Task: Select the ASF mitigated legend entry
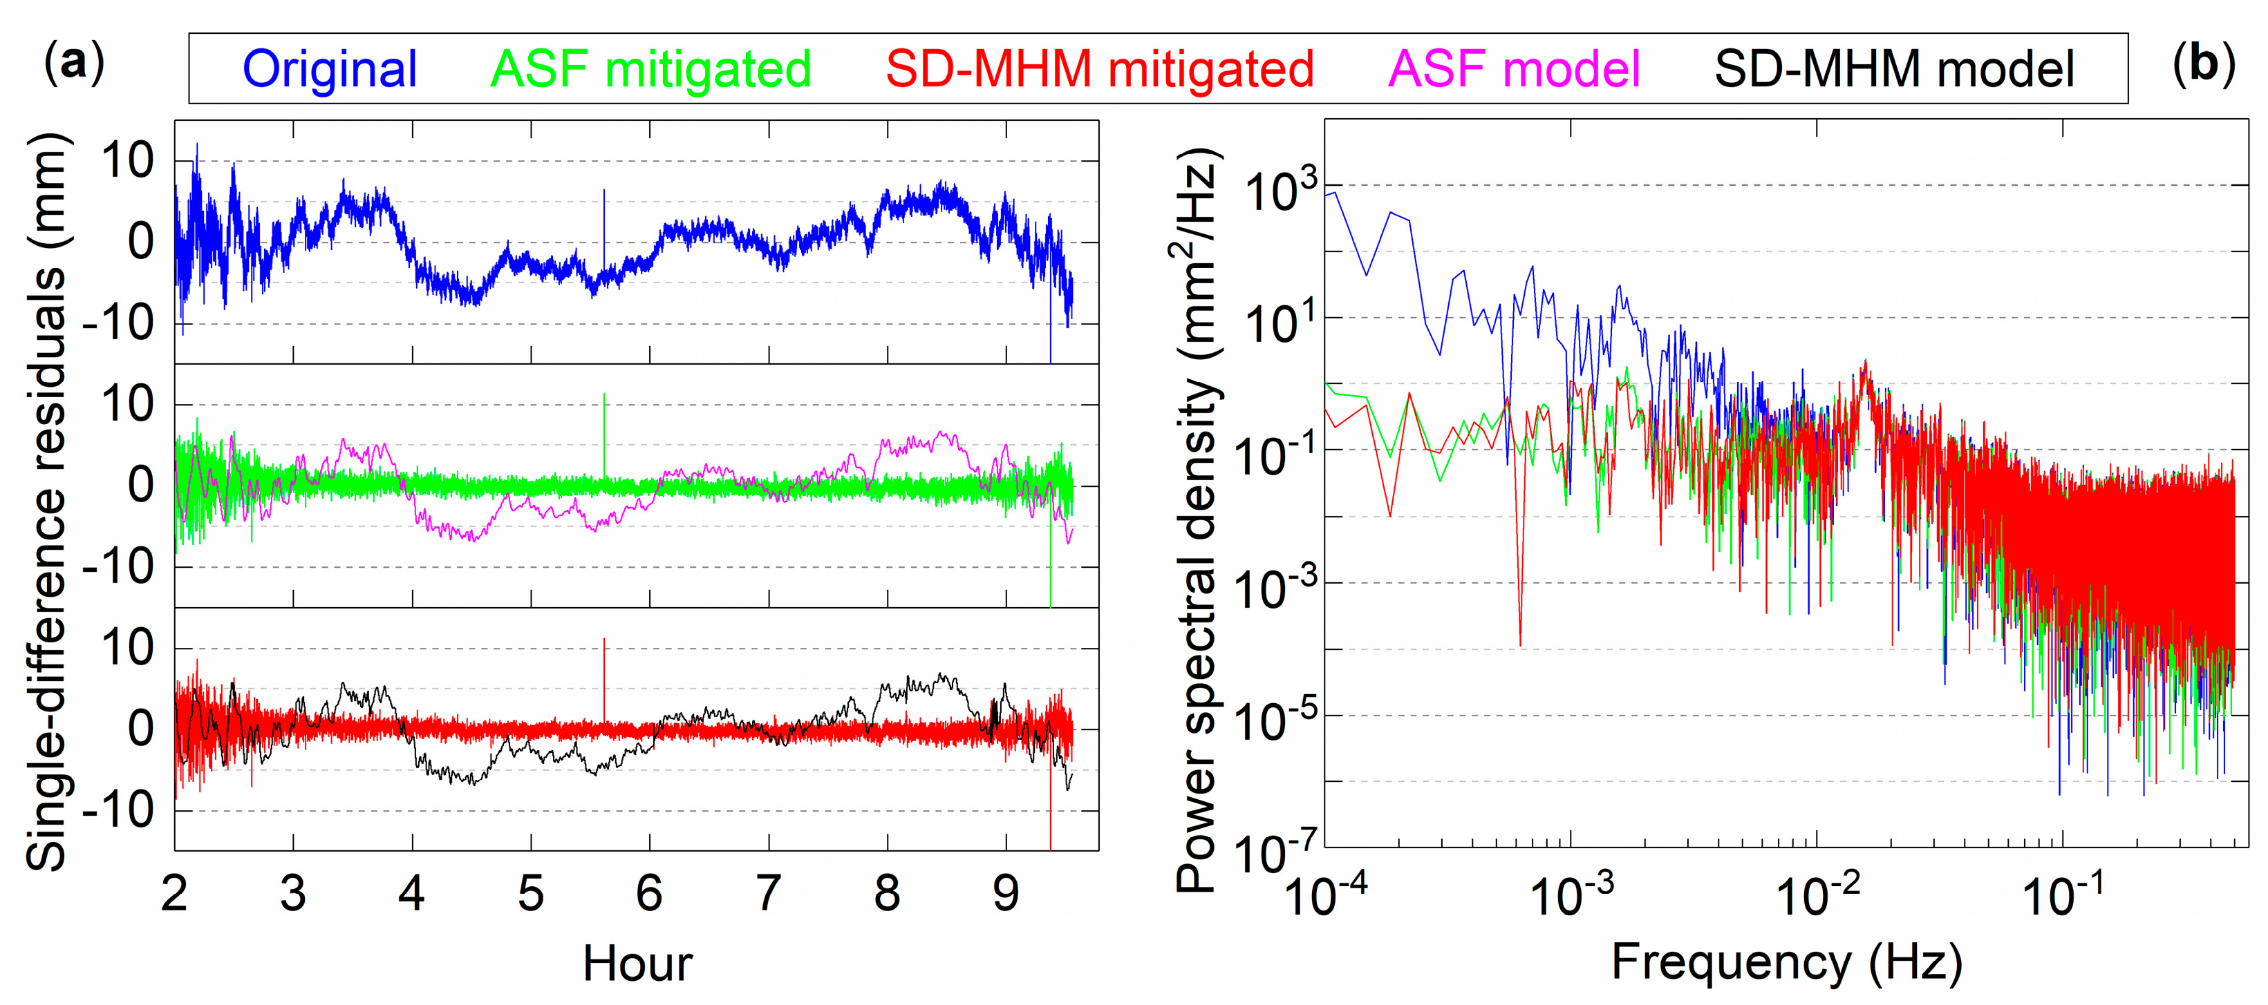[x=650, y=70]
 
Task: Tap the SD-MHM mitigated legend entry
[x=1100, y=70]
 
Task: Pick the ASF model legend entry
[x=1513, y=70]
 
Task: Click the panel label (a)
[x=74, y=64]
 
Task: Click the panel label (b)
[x=2203, y=64]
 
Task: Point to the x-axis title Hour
[x=637, y=964]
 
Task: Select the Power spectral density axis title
[x=1198, y=519]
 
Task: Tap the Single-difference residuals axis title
[x=46, y=501]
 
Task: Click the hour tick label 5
[x=530, y=894]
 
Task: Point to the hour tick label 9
[x=1006, y=894]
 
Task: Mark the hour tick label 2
[x=174, y=894]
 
